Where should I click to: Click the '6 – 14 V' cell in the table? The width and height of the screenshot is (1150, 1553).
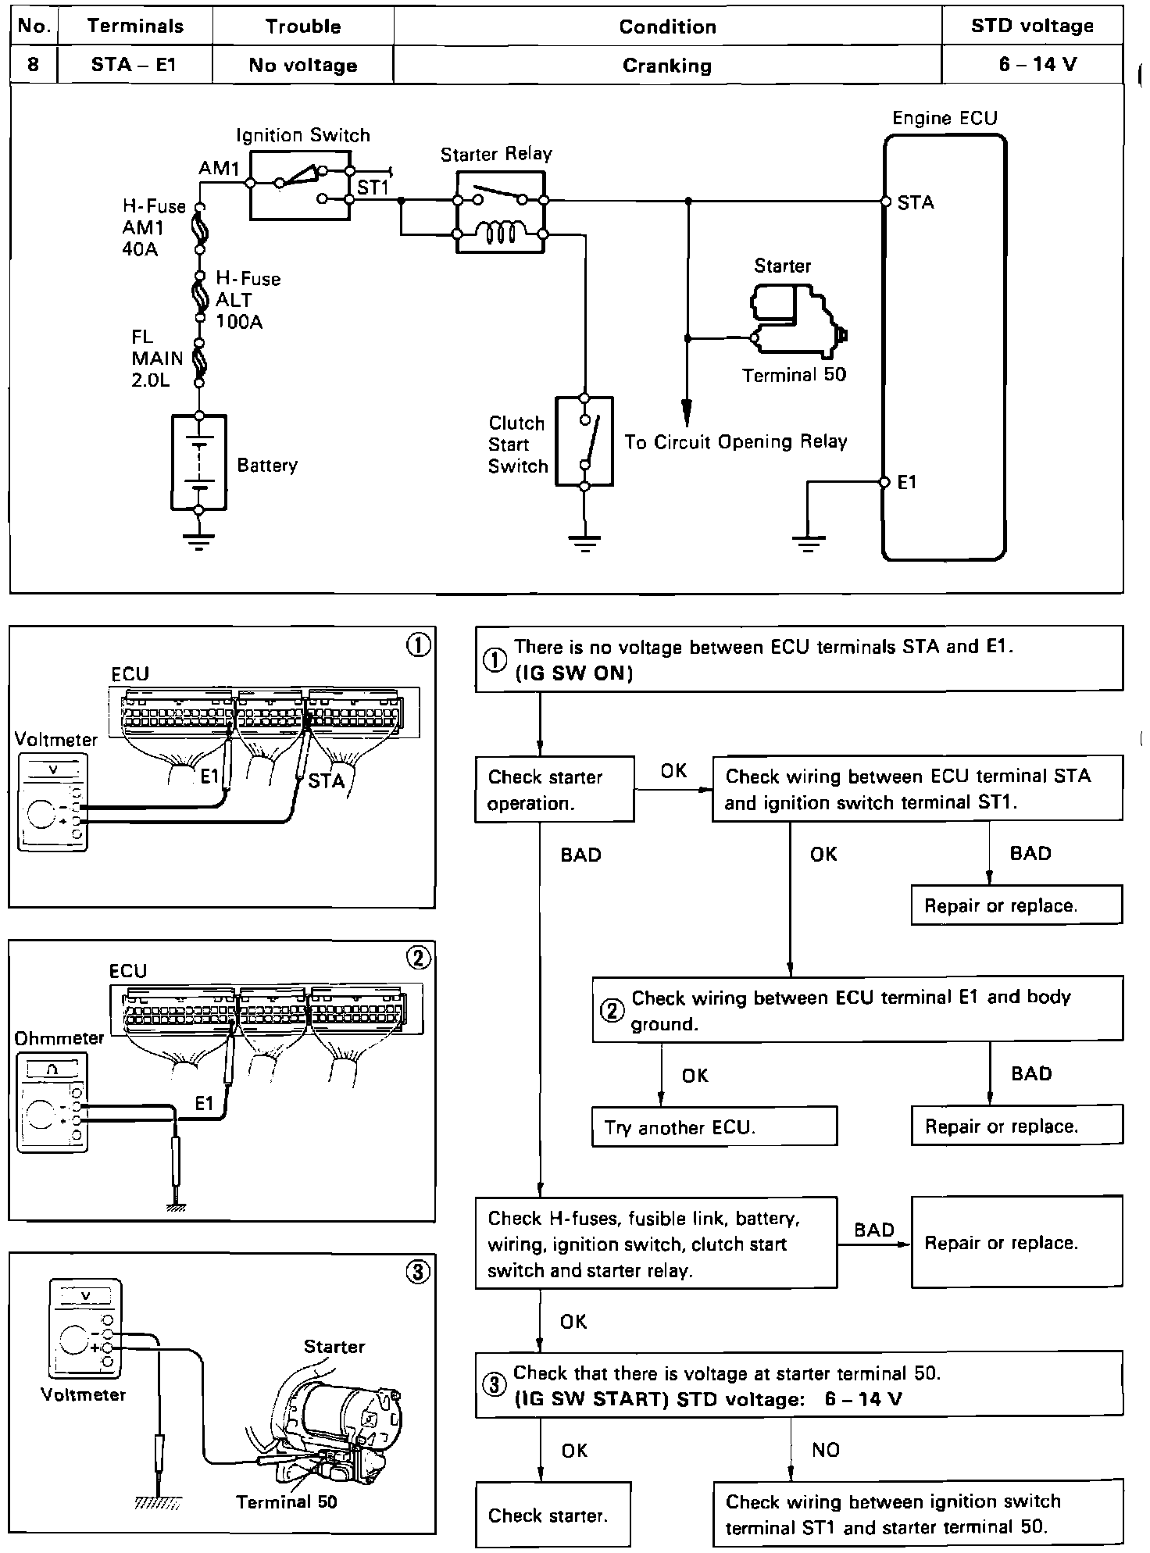pos(1037,65)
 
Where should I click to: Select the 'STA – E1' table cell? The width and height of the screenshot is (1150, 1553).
pos(134,65)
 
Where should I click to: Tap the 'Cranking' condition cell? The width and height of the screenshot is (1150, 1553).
pos(667,66)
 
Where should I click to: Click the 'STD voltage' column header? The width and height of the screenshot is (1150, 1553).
pos(1032,26)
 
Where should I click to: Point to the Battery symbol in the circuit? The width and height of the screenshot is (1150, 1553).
pos(199,462)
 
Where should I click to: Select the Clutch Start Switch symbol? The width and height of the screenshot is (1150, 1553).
pos(584,442)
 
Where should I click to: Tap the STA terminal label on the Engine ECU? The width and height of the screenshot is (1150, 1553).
pos(916,203)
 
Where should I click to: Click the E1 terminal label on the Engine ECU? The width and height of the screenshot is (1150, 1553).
pos(907,483)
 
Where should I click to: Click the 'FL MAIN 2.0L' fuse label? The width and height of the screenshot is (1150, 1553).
pos(157,359)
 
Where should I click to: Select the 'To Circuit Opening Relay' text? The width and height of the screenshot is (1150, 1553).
pos(735,442)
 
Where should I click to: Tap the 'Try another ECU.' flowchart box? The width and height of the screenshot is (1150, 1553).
pos(714,1127)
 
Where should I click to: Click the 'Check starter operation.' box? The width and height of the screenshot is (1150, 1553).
pos(554,790)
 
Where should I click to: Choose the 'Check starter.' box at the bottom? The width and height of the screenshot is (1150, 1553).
pos(552,1516)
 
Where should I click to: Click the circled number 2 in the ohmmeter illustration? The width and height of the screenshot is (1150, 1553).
pos(420,958)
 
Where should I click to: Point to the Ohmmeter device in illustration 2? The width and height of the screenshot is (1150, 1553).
pos(52,1103)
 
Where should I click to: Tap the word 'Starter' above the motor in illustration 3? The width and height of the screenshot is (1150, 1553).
pos(334,1347)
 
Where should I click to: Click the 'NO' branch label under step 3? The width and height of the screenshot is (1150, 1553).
pos(826,1450)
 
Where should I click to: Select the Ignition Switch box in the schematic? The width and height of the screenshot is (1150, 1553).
pos(299,185)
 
